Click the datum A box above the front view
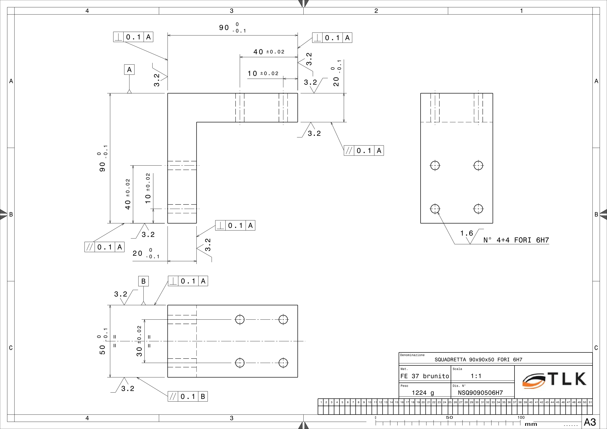(x=129, y=69)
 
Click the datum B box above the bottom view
(x=144, y=281)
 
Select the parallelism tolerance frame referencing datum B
(x=188, y=396)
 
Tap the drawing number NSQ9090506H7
(x=480, y=393)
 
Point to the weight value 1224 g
(x=423, y=393)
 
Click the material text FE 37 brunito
(x=424, y=376)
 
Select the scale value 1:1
(x=476, y=376)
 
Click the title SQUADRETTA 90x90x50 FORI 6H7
(x=479, y=360)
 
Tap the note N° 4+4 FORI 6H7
(x=516, y=240)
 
